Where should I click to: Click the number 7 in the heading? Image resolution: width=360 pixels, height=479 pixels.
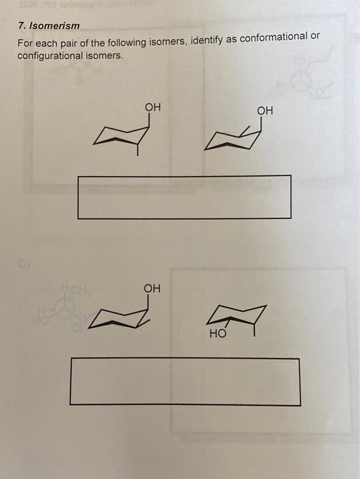click(x=21, y=26)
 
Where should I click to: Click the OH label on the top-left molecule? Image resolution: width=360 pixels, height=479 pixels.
click(x=153, y=107)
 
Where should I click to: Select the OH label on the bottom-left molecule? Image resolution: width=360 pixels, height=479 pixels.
click(x=152, y=289)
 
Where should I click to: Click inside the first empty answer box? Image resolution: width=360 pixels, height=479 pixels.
click(x=184, y=197)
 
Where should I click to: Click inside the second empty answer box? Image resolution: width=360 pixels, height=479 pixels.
click(x=184, y=381)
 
